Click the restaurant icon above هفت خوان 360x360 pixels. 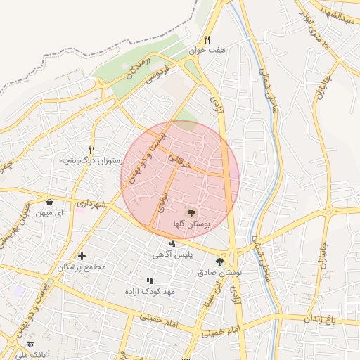point(207,40)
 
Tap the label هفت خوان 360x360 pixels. point(207,51)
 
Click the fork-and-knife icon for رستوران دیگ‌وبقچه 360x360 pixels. point(91,150)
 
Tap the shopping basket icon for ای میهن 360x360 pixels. point(49,202)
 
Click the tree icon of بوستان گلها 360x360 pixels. point(191,212)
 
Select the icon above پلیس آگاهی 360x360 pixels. point(173,244)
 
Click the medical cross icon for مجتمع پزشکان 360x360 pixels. point(82,256)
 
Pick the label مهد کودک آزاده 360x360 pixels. point(149,291)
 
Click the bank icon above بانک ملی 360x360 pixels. point(30,345)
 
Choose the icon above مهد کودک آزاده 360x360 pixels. point(149,281)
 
